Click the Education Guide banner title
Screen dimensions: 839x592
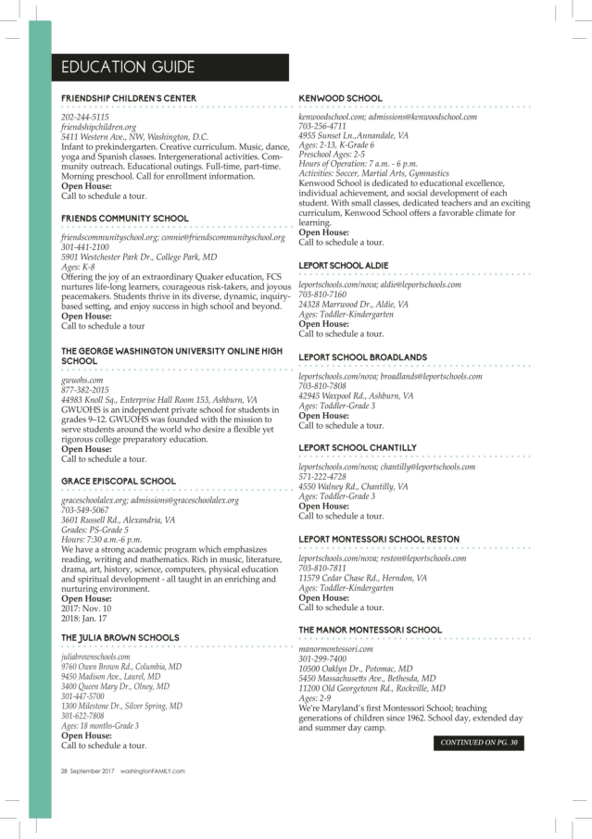point(128,68)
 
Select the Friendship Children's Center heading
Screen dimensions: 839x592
point(129,97)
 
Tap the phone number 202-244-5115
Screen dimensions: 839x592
point(85,118)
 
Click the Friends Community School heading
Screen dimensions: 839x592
point(125,219)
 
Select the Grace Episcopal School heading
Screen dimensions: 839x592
point(118,482)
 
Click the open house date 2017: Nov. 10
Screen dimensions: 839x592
point(87,608)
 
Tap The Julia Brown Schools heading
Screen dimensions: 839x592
point(120,638)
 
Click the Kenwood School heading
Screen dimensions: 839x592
point(340,97)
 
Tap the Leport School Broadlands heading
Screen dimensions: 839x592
point(362,357)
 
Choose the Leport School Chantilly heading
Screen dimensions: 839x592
point(358,447)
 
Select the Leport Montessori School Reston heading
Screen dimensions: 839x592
point(380,538)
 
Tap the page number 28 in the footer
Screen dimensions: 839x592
point(66,770)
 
